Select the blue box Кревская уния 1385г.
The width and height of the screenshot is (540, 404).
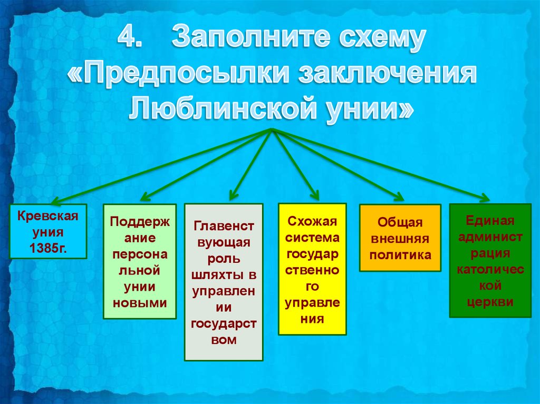point(48,231)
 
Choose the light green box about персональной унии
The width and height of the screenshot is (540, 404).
point(140,261)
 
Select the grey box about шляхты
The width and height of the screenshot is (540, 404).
point(224,282)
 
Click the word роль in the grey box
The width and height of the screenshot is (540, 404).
point(224,259)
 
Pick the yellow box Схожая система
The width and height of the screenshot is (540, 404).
point(312,269)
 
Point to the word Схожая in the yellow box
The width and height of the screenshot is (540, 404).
point(312,222)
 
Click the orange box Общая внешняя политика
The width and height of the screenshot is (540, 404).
point(400,238)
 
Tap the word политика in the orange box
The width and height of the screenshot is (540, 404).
point(400,255)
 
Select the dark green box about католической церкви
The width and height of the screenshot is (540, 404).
point(490,260)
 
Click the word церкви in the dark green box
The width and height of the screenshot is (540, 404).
point(490,302)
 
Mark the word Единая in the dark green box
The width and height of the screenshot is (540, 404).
point(490,221)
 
